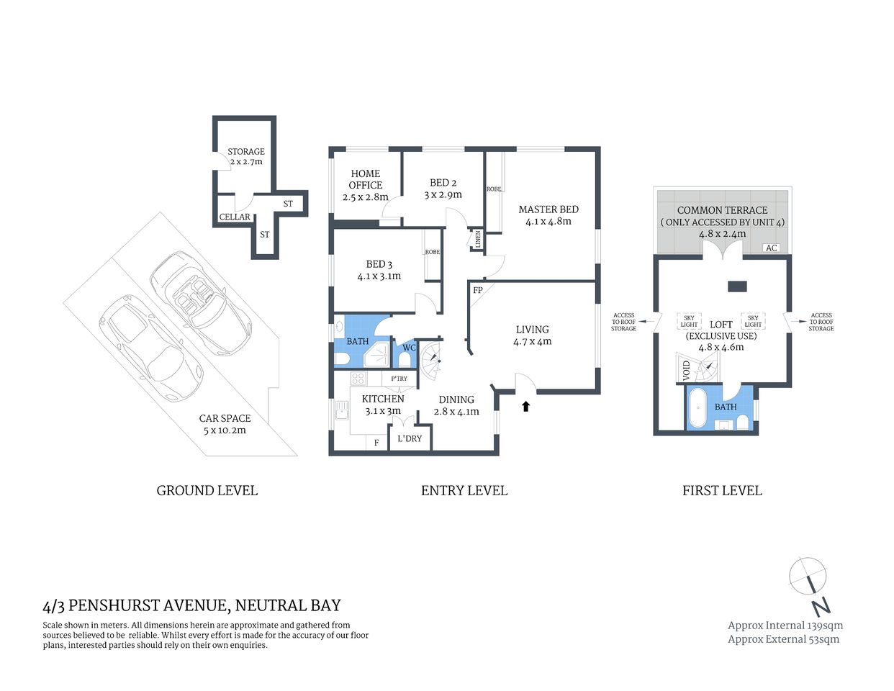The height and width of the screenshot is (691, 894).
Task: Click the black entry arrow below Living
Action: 525,406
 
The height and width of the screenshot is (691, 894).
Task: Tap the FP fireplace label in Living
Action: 477,291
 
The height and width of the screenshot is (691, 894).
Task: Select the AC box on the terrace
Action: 771,248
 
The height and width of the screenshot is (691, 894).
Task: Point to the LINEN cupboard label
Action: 477,240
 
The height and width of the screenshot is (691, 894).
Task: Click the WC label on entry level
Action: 409,348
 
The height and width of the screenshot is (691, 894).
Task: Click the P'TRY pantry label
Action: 399,379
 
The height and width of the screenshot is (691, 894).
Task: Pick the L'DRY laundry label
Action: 410,438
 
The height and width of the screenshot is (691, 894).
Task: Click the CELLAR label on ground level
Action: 235,217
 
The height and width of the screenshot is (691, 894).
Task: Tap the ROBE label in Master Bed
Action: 494,189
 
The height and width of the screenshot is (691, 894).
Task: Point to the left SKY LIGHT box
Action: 689,321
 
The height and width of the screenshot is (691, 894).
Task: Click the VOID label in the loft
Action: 686,371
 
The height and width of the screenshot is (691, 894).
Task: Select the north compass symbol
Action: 809,580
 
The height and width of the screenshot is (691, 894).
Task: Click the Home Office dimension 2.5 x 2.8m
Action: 365,197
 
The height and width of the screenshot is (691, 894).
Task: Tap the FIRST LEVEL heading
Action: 722,491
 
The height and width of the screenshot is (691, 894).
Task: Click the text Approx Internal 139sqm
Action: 785,625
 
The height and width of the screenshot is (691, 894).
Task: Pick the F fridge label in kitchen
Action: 376,443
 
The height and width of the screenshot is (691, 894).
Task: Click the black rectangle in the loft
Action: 737,286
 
